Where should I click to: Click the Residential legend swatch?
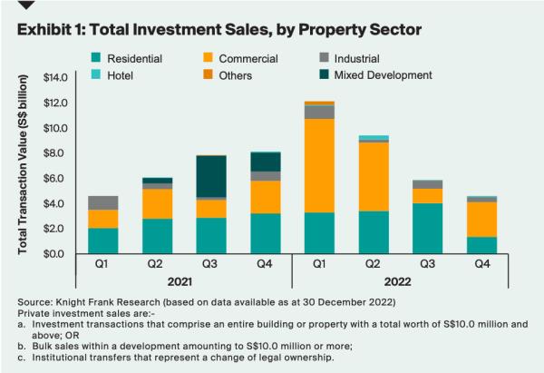click(96, 59)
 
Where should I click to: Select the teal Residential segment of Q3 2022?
click(428, 228)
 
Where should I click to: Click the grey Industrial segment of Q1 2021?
click(103, 202)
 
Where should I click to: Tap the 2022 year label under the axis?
click(401, 283)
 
